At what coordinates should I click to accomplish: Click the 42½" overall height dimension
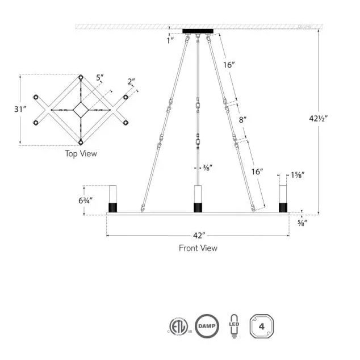pos(319,119)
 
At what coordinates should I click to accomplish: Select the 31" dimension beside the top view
pos(20,109)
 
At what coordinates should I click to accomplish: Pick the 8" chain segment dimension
pos(243,120)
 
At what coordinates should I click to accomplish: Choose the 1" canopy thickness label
pos(170,40)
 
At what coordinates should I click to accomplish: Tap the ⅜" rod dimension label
pos(208,168)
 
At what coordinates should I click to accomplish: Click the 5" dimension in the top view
pos(100,77)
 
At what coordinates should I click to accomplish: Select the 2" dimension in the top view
pos(131,82)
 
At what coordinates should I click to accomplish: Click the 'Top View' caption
pos(81,153)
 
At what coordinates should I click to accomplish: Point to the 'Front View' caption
pos(198,248)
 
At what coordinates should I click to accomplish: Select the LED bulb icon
pos(233,326)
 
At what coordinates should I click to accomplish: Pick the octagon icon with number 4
pos(262,326)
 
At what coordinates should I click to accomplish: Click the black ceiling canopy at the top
pos(198,31)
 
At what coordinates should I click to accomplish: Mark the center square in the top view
pos(81,109)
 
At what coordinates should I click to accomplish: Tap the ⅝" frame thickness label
pos(303,222)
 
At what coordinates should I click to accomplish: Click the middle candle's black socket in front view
pos(198,207)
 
